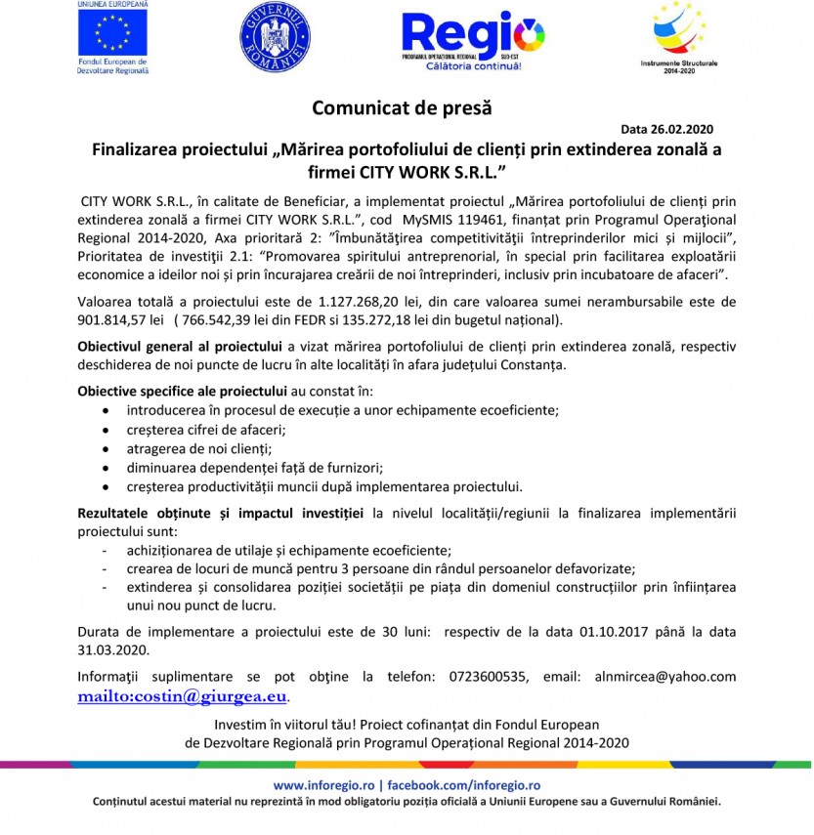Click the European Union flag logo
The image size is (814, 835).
point(112,33)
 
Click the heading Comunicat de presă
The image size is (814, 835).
point(403,107)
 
